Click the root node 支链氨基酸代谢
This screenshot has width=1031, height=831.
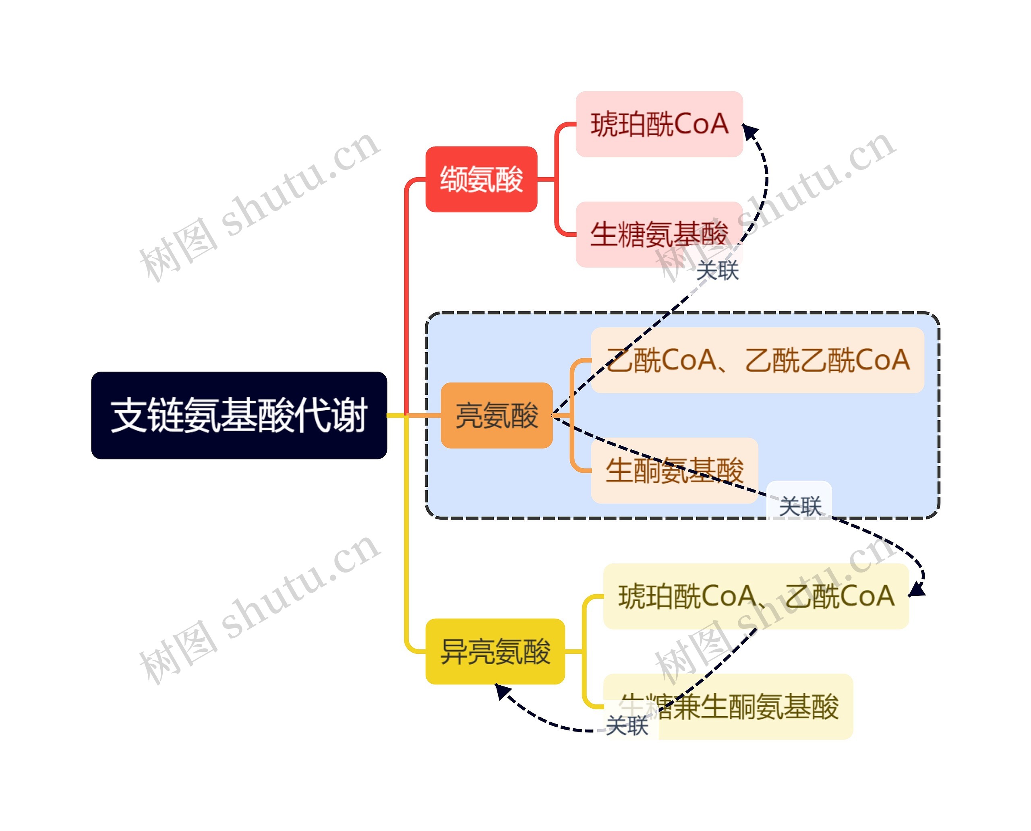pyautogui.click(x=238, y=415)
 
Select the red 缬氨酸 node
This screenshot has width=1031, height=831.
pyautogui.click(x=481, y=179)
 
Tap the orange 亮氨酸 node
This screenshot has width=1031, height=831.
pyautogui.click(x=497, y=415)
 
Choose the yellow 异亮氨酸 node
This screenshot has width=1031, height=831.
pyautogui.click(x=495, y=651)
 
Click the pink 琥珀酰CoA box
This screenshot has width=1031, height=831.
pyautogui.click(x=659, y=124)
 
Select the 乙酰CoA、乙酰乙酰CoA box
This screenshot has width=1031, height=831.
pyautogui.click(x=757, y=360)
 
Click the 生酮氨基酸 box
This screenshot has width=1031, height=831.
pyautogui.click(x=674, y=470)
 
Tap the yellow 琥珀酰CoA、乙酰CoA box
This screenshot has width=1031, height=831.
pyautogui.click(x=756, y=596)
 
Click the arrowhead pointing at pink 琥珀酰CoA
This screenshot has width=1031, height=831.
pyautogui.click(x=749, y=132)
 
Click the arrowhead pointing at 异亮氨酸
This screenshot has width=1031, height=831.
pyautogui.click(x=501, y=691)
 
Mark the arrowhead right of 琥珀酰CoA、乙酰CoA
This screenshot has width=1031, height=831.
pyautogui.click(x=917, y=590)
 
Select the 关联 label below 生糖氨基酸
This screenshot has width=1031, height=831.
pyautogui.click(x=717, y=271)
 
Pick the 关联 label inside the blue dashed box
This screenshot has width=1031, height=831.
pyautogui.click(x=800, y=506)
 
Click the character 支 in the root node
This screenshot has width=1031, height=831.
pyautogui.click(x=128, y=415)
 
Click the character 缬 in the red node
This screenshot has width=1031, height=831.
pyautogui.click(x=453, y=179)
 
